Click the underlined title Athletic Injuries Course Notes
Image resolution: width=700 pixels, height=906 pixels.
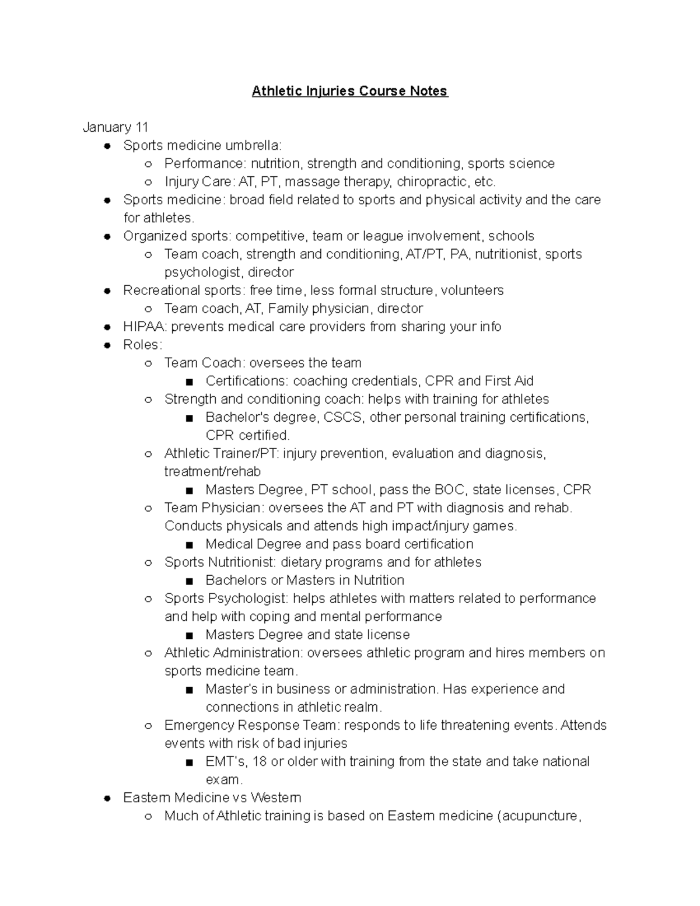click(349, 91)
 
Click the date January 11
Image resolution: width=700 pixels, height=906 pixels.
click(116, 127)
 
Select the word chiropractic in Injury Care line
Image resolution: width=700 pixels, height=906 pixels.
click(433, 181)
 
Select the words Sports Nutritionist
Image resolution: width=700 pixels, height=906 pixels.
click(220, 562)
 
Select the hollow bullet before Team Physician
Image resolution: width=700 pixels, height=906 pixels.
click(148, 508)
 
